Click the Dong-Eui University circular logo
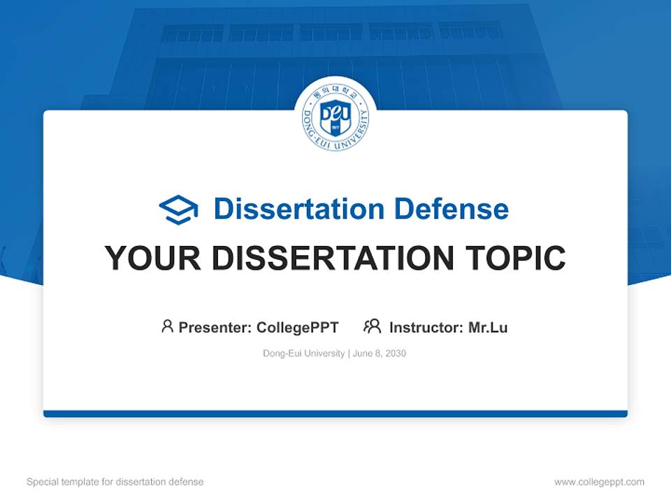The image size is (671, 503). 335,117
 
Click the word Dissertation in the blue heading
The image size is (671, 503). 298,209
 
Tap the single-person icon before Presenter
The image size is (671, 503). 167,326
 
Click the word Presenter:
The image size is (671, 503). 215,328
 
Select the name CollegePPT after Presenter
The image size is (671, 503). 298,328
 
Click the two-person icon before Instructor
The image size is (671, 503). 372,326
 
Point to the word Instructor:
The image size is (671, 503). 426,328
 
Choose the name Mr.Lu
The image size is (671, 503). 488,328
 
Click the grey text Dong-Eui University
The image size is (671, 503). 303,353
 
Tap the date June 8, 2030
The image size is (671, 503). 380,353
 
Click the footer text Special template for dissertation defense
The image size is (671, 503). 115,482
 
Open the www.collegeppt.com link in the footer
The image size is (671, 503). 599,482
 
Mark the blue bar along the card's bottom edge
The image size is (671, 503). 335,414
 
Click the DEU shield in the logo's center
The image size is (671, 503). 335,117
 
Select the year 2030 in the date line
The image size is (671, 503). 395,353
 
